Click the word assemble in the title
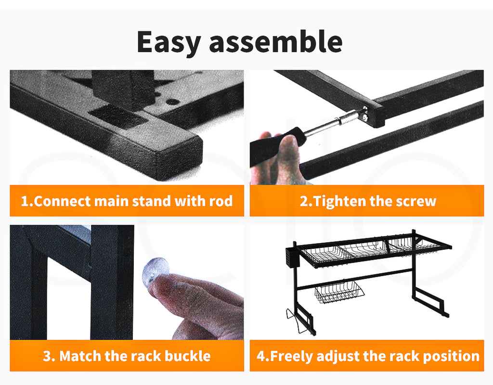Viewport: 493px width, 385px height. tap(276, 41)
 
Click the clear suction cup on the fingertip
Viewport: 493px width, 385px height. tap(156, 271)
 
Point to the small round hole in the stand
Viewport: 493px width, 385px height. tap(172, 102)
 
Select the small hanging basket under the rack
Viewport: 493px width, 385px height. tap(339, 292)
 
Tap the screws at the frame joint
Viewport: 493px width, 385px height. tap(365, 114)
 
